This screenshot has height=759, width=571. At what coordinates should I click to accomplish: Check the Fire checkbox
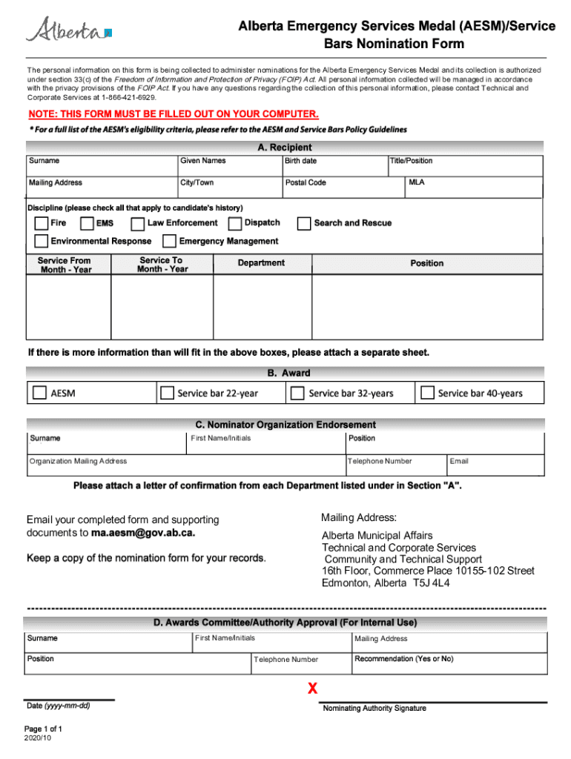click(x=40, y=223)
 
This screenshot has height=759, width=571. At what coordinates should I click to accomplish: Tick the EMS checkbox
click(x=87, y=223)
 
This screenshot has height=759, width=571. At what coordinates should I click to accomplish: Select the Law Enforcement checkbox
click(x=137, y=223)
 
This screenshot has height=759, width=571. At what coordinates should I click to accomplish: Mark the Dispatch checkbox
click(x=235, y=223)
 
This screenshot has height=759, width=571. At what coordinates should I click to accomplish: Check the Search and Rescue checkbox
click(x=303, y=223)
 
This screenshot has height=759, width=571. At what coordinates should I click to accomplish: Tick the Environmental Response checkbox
click(x=40, y=241)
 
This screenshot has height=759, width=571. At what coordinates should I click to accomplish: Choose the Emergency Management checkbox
click(x=168, y=241)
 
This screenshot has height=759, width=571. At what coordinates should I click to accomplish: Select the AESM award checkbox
click(x=39, y=393)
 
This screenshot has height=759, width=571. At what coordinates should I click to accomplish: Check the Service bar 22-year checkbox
click(x=167, y=393)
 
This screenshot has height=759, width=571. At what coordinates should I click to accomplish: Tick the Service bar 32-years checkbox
click(x=297, y=393)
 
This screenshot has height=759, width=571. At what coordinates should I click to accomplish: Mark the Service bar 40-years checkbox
click(x=426, y=393)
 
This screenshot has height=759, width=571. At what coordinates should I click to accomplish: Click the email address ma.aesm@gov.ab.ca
click(x=142, y=533)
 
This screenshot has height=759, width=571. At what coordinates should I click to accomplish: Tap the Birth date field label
click(x=301, y=161)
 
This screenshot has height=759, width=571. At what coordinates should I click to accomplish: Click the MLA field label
click(x=416, y=182)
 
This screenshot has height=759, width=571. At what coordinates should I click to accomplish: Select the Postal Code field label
click(x=306, y=182)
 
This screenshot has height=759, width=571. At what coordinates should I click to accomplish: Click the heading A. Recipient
click(x=285, y=148)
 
